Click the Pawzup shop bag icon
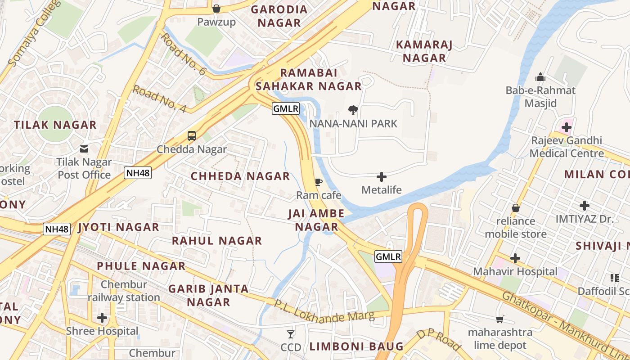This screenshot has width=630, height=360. pyautogui.click(x=216, y=9)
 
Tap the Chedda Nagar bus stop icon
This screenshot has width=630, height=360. pyautogui.click(x=192, y=135)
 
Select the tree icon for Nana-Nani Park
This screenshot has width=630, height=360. pyautogui.click(x=353, y=109)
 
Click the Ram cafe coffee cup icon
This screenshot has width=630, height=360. pyautogui.click(x=319, y=182)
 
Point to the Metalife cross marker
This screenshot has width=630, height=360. pyautogui.click(x=382, y=176)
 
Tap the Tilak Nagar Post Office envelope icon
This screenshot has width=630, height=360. pyautogui.click(x=84, y=148)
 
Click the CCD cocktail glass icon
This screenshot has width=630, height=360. pyautogui.click(x=291, y=334)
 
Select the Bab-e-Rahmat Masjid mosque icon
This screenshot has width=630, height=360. pyautogui.click(x=540, y=77)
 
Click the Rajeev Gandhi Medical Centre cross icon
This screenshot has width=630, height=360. pyautogui.click(x=567, y=128)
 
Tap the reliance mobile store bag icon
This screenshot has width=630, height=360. pyautogui.click(x=516, y=208)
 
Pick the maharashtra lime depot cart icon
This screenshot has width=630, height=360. pyautogui.click(x=499, y=319)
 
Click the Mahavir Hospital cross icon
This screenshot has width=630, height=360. pyautogui.click(x=515, y=258)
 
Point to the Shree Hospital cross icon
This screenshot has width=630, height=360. pyautogui.click(x=102, y=318)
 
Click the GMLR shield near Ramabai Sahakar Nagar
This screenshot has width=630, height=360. pyautogui.click(x=286, y=108)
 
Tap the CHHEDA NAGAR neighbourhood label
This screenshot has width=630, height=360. pyautogui.click(x=240, y=176)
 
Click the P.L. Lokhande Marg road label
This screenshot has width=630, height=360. pyautogui.click(x=324, y=311)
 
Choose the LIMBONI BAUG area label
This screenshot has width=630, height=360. pyautogui.click(x=356, y=346)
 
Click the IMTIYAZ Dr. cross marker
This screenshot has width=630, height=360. pyautogui.click(x=585, y=206)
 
